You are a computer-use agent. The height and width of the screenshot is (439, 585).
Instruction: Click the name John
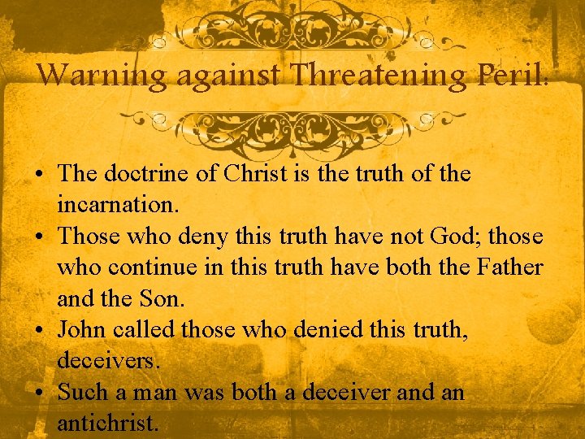[85, 328]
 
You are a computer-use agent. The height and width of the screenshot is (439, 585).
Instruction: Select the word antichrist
[108, 423]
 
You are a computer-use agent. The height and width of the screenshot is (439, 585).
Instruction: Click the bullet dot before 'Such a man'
[39, 393]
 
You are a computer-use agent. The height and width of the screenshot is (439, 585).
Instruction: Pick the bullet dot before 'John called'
[39, 328]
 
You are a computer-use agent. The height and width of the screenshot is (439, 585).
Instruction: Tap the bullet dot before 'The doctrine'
[39, 174]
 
